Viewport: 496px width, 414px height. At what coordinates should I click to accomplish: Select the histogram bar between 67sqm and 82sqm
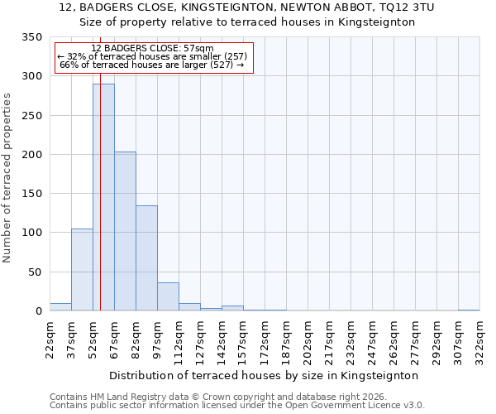click(125, 231)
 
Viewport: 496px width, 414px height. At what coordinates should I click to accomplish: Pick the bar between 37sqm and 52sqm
click(82, 270)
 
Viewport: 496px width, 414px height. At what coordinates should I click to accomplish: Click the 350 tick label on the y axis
click(31, 37)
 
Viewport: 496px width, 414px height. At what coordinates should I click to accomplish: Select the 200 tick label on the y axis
click(31, 155)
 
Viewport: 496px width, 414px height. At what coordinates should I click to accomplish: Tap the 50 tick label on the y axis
click(35, 272)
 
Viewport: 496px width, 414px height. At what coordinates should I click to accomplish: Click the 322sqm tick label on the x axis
click(480, 339)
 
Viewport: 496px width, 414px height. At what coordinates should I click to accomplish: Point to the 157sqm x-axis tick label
click(244, 339)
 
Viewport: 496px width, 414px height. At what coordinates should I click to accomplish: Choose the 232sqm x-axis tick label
click(351, 339)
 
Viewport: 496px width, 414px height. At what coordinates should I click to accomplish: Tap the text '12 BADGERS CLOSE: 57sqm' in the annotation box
click(152, 49)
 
